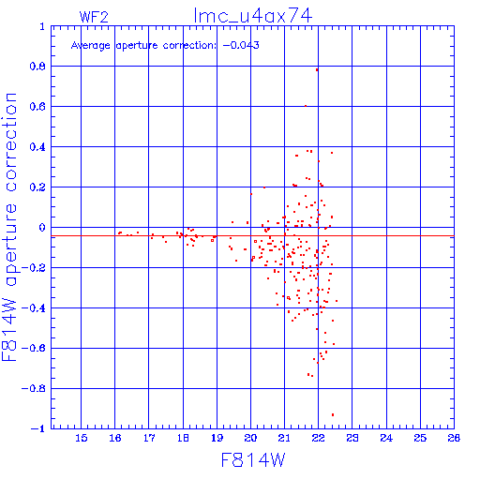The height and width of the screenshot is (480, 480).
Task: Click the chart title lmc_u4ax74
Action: (x=253, y=16)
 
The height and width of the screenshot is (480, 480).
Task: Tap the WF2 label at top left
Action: (x=94, y=17)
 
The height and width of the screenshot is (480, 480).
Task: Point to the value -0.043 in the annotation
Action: (x=241, y=45)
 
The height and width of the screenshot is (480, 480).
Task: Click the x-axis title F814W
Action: (x=253, y=460)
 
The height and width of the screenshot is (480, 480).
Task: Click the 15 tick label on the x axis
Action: (x=82, y=438)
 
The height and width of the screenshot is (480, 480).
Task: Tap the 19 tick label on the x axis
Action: (x=217, y=438)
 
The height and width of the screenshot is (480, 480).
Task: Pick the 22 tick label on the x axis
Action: (x=318, y=438)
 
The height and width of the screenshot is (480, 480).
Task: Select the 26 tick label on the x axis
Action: (x=454, y=438)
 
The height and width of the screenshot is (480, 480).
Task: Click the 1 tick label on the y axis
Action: (x=42, y=26)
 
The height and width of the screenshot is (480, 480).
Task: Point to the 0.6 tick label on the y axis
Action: (x=37, y=107)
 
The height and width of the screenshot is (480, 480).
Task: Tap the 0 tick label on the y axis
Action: (x=42, y=228)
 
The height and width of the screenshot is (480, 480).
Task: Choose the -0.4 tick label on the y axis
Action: (x=34, y=308)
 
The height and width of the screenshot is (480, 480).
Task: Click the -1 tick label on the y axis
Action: (x=38, y=428)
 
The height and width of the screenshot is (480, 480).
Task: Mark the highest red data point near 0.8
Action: (x=317, y=70)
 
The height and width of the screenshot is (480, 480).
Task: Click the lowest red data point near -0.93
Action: (x=333, y=414)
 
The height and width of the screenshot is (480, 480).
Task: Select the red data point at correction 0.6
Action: (x=306, y=106)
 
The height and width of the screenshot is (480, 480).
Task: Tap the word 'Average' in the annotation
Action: (x=91, y=46)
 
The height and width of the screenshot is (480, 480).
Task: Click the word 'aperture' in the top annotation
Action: (x=137, y=46)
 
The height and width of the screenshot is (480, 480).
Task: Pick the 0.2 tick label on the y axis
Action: (x=37, y=187)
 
